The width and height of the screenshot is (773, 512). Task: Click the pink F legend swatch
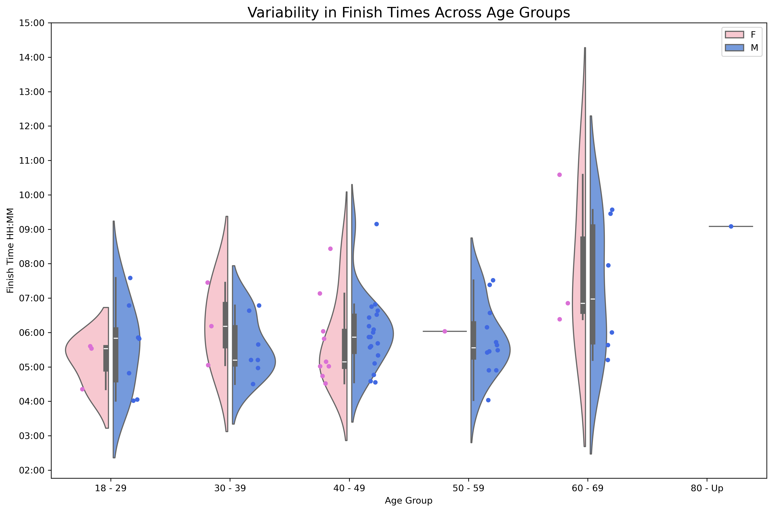click(734, 35)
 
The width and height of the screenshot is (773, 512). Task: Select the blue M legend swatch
click(734, 48)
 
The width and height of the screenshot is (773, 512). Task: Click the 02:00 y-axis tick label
click(32, 470)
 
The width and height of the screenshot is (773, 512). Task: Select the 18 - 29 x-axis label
click(111, 489)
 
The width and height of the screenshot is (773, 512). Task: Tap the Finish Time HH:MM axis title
click(10, 250)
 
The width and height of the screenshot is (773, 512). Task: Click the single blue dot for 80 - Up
click(731, 226)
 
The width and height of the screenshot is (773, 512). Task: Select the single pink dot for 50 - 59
click(445, 331)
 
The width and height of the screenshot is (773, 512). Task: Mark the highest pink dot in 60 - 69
click(560, 175)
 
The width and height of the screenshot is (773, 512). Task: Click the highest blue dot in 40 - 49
click(376, 224)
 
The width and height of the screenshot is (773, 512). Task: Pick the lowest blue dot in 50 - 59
click(488, 400)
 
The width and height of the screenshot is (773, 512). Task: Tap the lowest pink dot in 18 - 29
click(82, 389)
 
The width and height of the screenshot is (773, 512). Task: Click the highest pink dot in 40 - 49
click(330, 249)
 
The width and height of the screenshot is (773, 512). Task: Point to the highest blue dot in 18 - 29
click(130, 278)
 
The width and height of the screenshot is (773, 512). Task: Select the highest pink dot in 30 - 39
click(208, 282)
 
